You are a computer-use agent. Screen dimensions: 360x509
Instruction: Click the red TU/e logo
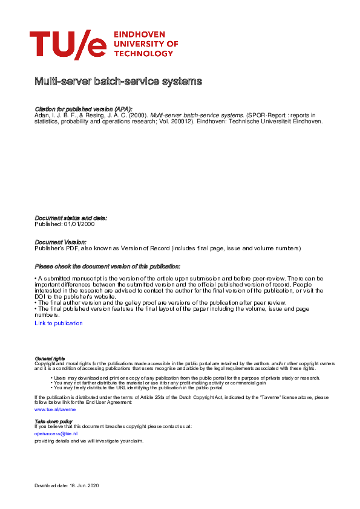68,45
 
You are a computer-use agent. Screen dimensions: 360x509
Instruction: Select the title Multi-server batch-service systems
118,81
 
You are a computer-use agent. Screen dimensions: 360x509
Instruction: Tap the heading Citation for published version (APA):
83,108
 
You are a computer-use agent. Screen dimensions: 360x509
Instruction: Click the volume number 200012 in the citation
180,120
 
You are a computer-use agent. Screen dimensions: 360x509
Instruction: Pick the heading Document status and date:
71,218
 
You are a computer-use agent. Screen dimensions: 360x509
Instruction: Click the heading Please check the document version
107,267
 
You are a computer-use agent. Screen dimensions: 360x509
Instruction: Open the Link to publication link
59,323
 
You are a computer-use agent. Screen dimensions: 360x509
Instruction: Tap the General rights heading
50,358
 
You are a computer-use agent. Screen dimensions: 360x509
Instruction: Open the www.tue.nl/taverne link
55,409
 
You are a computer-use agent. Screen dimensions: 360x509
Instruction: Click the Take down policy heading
53,421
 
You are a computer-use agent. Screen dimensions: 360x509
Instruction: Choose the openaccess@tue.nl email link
56,433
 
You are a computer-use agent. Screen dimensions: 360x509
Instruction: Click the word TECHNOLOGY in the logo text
140,53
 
